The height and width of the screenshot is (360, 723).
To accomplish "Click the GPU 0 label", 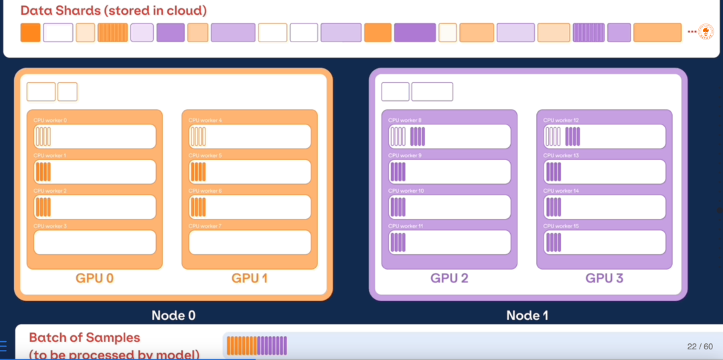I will click(95, 278).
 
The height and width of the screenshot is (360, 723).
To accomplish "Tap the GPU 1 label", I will click(250, 278).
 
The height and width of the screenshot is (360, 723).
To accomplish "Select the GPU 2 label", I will click(449, 278).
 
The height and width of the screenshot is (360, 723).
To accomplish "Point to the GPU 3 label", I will click(604, 278).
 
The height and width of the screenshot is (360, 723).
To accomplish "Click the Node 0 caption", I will click(173, 315).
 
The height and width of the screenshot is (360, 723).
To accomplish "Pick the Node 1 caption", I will click(528, 315).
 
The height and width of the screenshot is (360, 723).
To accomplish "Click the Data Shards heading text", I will click(114, 11).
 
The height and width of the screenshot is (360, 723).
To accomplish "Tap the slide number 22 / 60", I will click(700, 347).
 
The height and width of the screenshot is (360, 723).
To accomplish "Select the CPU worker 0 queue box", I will click(95, 137).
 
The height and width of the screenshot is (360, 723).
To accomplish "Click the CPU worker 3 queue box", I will click(95, 242).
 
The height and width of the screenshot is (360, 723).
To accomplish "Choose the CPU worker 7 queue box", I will click(250, 242).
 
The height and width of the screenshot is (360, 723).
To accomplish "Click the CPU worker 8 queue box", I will click(449, 137).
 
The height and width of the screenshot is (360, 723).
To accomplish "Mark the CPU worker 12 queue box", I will click(604, 137).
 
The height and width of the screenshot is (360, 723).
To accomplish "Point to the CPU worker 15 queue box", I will click(604, 242).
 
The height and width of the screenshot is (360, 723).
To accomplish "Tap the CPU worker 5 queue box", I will click(250, 172).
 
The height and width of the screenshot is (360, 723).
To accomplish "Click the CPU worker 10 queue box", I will click(449, 207).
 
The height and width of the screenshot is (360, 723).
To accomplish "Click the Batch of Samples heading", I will click(84, 338).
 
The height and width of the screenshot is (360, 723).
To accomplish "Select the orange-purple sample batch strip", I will click(257, 345).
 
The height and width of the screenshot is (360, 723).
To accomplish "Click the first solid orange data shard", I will click(31, 32).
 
